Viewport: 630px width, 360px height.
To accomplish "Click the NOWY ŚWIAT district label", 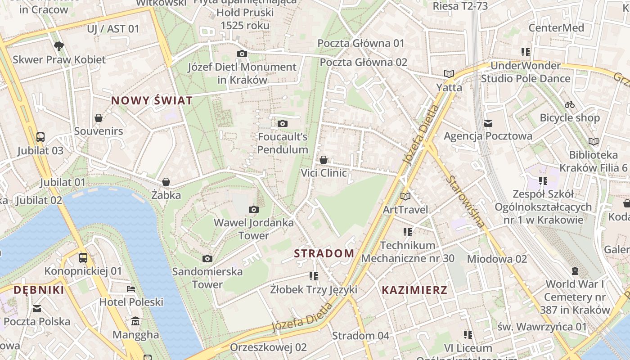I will [x=152, y=100].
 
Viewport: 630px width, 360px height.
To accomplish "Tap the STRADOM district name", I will [x=324, y=253].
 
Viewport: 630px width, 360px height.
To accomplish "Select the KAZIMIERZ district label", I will [x=414, y=290].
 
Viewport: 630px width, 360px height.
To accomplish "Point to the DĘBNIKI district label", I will [x=39, y=290].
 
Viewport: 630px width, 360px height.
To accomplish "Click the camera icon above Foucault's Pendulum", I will [x=282, y=123].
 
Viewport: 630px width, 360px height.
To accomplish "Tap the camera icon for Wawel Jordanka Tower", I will [x=254, y=209].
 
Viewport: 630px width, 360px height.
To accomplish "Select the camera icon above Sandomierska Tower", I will [x=207, y=258].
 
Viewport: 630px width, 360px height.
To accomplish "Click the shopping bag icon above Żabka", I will [x=166, y=182].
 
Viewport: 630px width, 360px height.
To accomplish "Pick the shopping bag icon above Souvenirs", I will [x=99, y=118].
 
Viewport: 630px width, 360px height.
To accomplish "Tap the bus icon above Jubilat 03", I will [x=40, y=137].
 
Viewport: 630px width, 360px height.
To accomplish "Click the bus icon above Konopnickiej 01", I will [x=83, y=258].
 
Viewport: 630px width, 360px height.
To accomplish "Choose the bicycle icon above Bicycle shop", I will [x=570, y=104].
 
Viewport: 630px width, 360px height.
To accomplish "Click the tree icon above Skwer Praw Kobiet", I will [x=58, y=46].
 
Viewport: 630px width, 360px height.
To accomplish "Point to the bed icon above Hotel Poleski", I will [x=131, y=288].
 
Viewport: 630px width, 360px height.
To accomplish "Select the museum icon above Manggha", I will [x=135, y=321].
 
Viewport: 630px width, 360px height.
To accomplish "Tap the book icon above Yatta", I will [x=449, y=74].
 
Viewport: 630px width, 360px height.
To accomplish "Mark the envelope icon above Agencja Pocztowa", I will [x=488, y=123].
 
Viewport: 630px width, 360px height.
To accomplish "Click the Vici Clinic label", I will [x=324, y=173].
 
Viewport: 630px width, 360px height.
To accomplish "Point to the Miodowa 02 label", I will [x=497, y=259].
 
